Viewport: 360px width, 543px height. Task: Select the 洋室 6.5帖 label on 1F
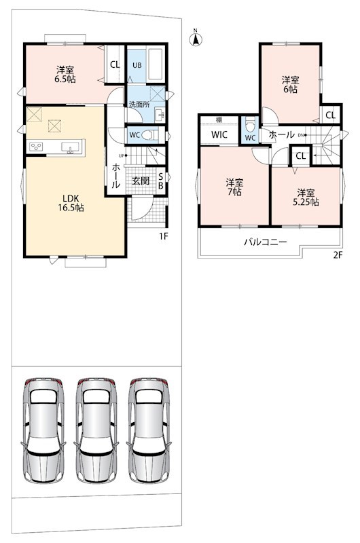click(x=65, y=75)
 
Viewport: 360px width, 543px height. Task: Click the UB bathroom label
click(x=137, y=65)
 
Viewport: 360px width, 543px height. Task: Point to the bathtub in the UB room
click(x=156, y=64)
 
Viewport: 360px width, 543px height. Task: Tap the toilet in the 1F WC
click(x=149, y=134)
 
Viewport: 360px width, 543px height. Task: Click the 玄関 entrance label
click(x=141, y=181)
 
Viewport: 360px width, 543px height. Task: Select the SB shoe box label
click(x=161, y=181)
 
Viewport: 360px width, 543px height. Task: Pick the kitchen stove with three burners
click(x=36, y=147)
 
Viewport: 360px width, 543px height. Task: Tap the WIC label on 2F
click(x=219, y=134)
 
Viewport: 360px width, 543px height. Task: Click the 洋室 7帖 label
click(x=234, y=187)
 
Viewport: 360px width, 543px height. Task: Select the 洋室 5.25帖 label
click(x=306, y=197)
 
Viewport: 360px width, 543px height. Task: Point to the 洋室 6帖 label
click(x=290, y=84)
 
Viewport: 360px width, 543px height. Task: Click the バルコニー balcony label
click(x=266, y=242)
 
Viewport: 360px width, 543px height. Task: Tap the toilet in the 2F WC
click(x=250, y=124)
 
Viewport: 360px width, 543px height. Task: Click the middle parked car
click(x=96, y=430)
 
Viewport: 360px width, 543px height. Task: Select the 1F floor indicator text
click(x=163, y=236)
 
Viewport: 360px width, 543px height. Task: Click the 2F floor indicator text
click(x=338, y=256)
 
